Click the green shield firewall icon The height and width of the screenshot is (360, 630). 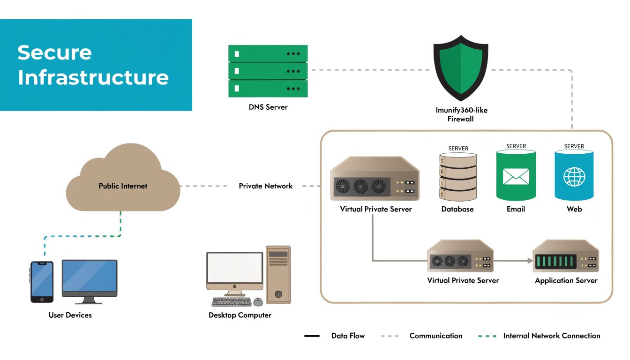461,68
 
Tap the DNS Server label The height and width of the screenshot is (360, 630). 268,107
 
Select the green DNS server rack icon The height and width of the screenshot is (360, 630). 268,71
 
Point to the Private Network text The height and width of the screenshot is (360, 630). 265,186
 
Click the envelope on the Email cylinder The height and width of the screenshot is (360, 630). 516,176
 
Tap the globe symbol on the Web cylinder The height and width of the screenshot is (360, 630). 574,177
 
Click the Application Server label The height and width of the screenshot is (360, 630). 566,280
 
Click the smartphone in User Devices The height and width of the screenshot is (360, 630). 42,282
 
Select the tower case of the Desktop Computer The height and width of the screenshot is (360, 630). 278,275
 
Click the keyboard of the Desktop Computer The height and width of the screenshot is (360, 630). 231,302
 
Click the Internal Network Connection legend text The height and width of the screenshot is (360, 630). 551,336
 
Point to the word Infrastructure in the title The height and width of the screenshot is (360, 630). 93,77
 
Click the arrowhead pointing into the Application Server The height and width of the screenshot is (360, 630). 531,261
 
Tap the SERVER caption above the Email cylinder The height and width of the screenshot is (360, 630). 516,146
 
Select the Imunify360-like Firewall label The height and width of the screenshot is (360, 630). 461,115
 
